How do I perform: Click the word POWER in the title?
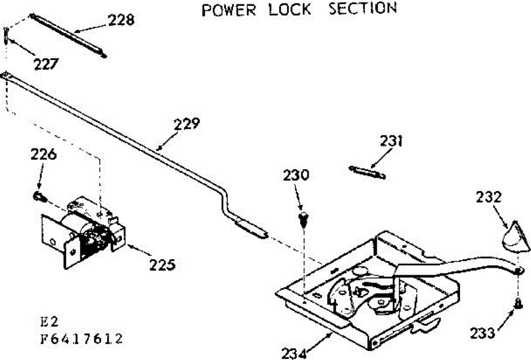(x=229, y=10)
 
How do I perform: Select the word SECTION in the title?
(x=363, y=9)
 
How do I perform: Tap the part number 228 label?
(x=121, y=20)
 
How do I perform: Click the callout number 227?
(x=46, y=64)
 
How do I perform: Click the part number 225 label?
(x=162, y=265)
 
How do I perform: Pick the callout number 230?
(x=296, y=176)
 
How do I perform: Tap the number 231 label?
(x=391, y=141)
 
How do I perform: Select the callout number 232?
(x=489, y=197)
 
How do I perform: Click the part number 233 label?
(x=482, y=332)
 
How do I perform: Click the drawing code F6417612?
(x=79, y=339)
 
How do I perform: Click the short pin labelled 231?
(x=367, y=172)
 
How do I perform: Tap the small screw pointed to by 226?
(x=38, y=196)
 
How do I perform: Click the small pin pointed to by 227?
(x=5, y=34)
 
